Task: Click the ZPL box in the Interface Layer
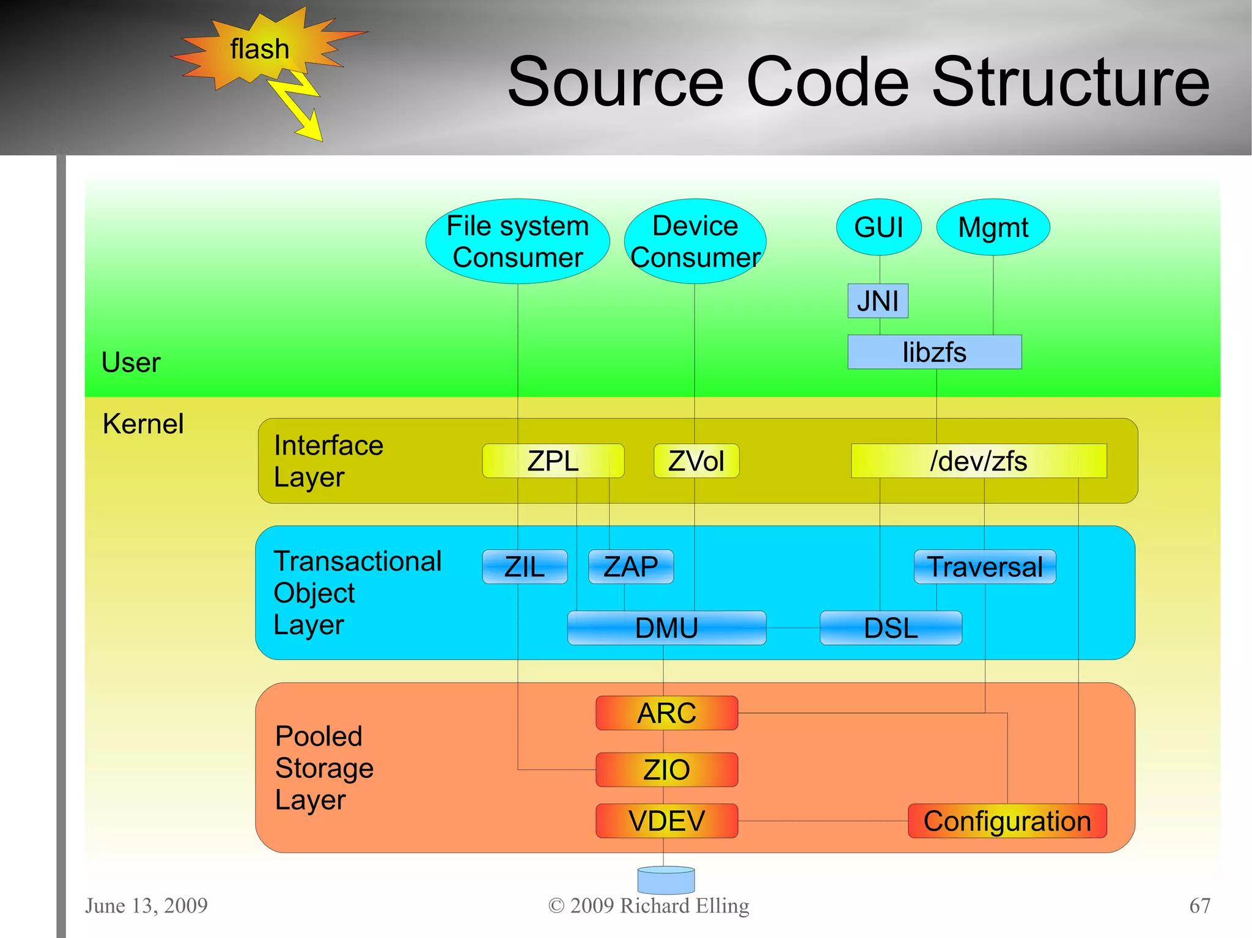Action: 553,461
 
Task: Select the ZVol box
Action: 696,461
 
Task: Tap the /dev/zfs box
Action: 978,461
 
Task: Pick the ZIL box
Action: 525,566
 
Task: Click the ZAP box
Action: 630,566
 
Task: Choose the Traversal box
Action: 984,566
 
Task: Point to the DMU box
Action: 666,628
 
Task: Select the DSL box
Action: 890,628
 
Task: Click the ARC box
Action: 666,713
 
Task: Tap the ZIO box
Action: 666,769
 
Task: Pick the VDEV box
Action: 666,820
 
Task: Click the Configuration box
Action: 1007,821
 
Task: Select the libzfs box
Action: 934,352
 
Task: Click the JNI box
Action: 877,301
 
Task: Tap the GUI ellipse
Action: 878,227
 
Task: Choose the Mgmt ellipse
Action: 993,227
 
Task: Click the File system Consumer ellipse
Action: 517,241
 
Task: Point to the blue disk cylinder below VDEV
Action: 666,880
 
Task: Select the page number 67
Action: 1199,905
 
